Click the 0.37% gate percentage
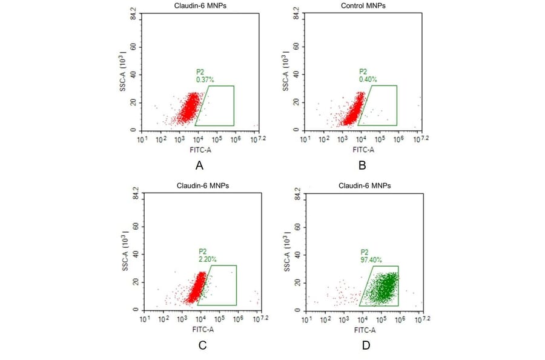click(x=204, y=79)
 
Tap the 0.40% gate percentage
click(x=368, y=79)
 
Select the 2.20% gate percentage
click(x=207, y=259)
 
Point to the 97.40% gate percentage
click(x=372, y=259)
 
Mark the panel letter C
click(x=203, y=345)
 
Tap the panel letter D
click(x=366, y=345)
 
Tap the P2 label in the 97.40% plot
click(x=365, y=251)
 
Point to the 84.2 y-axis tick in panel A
click(x=133, y=15)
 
